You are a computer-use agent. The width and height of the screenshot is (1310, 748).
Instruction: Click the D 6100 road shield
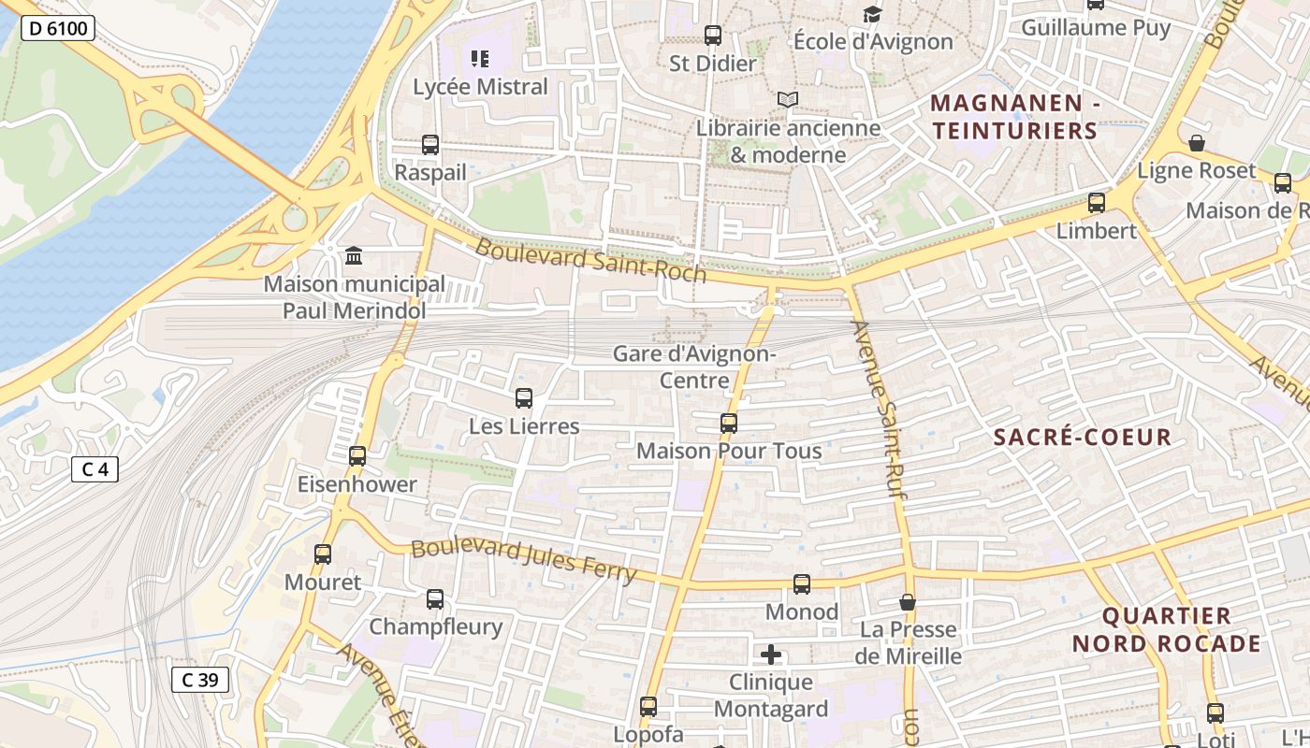point(57,28)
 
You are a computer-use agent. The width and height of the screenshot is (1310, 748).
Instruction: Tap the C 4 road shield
point(95,468)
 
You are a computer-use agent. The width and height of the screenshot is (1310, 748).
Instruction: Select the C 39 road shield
point(199,680)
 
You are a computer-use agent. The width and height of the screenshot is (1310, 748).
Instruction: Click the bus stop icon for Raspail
point(430,145)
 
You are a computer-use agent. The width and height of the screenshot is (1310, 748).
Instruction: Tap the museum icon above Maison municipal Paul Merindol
point(354,254)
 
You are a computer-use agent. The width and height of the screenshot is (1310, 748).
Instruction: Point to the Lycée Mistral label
point(480,87)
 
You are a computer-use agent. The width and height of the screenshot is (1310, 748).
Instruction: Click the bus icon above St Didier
point(713,36)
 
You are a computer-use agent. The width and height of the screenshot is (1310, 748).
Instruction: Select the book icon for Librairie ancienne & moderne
point(788,99)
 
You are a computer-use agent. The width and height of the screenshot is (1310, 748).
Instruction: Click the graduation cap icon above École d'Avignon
point(872,14)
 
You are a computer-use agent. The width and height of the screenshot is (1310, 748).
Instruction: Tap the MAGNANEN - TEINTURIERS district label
point(1014,116)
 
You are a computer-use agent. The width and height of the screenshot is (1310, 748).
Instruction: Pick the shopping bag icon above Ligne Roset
point(1196,143)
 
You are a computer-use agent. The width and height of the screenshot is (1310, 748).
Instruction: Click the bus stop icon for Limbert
point(1096,202)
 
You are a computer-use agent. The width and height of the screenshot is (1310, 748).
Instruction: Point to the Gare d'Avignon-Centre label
point(694,367)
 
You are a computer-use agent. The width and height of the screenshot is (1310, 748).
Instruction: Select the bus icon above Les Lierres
point(524,398)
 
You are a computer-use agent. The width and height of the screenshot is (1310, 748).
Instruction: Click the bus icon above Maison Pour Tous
point(729,423)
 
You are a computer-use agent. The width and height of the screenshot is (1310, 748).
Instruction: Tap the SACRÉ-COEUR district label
point(1082,437)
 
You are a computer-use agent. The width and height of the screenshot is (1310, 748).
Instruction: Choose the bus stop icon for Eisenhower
point(357,456)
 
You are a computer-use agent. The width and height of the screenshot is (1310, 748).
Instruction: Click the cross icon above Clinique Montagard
point(771,654)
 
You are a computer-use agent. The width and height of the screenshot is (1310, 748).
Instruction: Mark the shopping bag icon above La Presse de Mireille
point(907,602)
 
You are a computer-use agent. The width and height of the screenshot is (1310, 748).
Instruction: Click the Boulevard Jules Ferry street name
point(524,560)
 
